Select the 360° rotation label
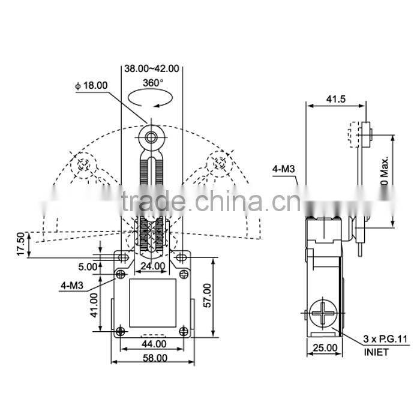[154, 83]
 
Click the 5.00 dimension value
[88, 266]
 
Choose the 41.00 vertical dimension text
[94, 306]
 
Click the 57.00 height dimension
[224, 295]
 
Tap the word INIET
[375, 352]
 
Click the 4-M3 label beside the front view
[72, 286]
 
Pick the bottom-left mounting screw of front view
[121, 331]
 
